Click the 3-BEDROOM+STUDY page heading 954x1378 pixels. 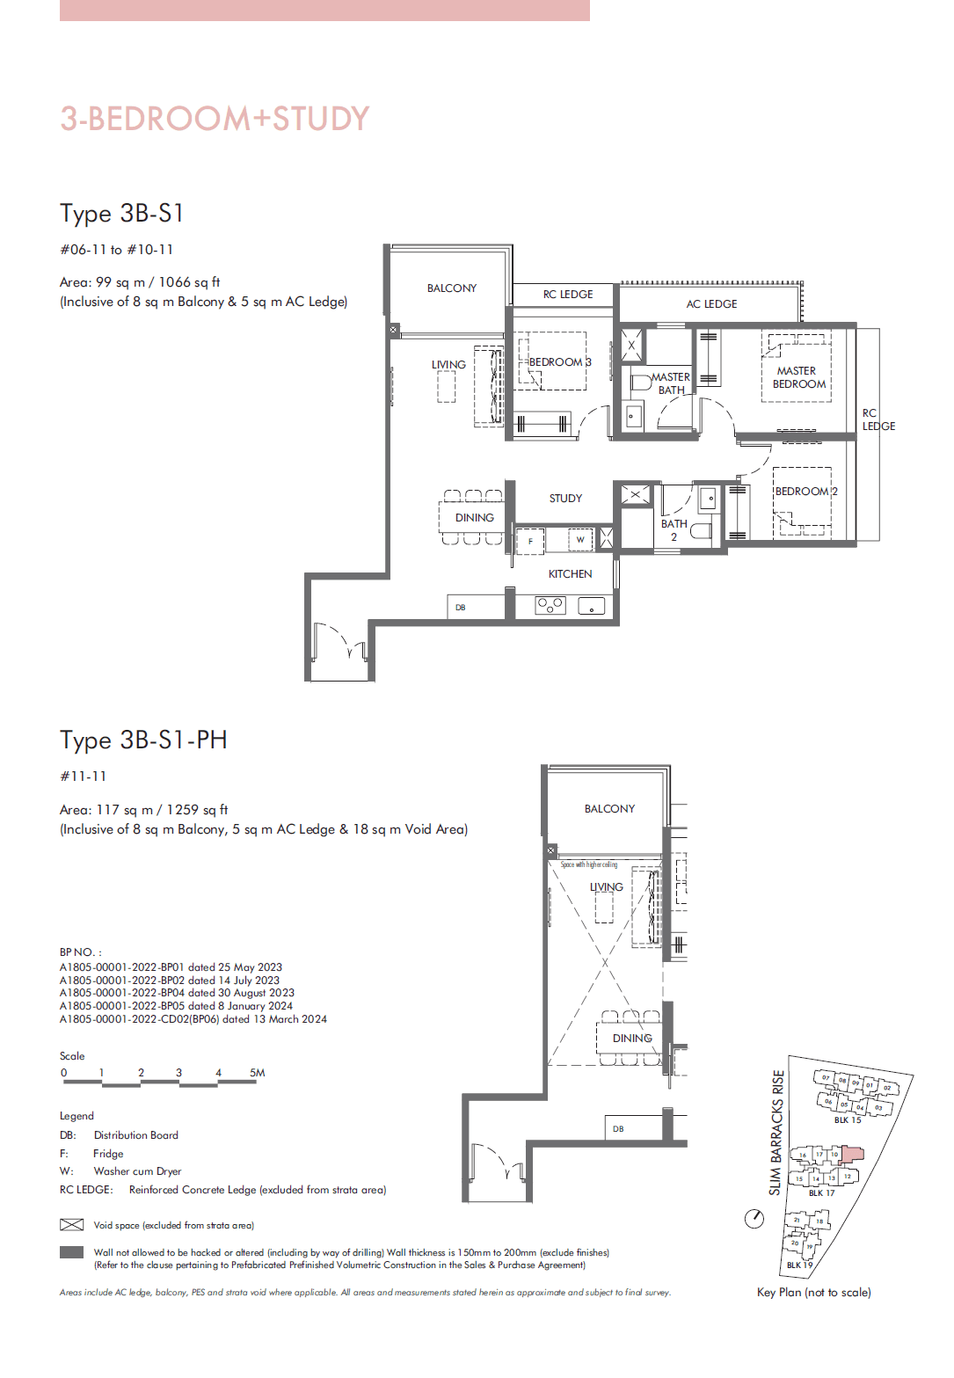tap(215, 119)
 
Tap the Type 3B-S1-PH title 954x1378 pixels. tap(143, 740)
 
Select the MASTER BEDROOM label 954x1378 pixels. tap(798, 377)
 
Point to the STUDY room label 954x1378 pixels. tap(565, 499)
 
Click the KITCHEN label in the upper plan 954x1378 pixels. tap(570, 574)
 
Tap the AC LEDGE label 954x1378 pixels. tap(711, 304)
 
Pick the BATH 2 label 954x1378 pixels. tap(674, 530)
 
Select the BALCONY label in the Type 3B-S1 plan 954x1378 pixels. tap(451, 288)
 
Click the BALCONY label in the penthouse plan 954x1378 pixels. tap(609, 809)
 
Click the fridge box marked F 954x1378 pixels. tap(530, 541)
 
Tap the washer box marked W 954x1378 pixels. tap(580, 539)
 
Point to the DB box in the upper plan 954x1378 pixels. tap(461, 608)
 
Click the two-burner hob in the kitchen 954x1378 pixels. tap(550, 605)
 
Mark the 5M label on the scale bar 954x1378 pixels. tap(257, 1073)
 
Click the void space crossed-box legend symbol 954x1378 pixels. tap(71, 1225)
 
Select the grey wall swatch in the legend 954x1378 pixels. tap(71, 1252)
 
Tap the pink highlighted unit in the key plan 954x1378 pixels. tap(852, 1154)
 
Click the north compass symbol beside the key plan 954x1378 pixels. tap(754, 1219)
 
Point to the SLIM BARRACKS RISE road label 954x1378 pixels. tap(776, 1132)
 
